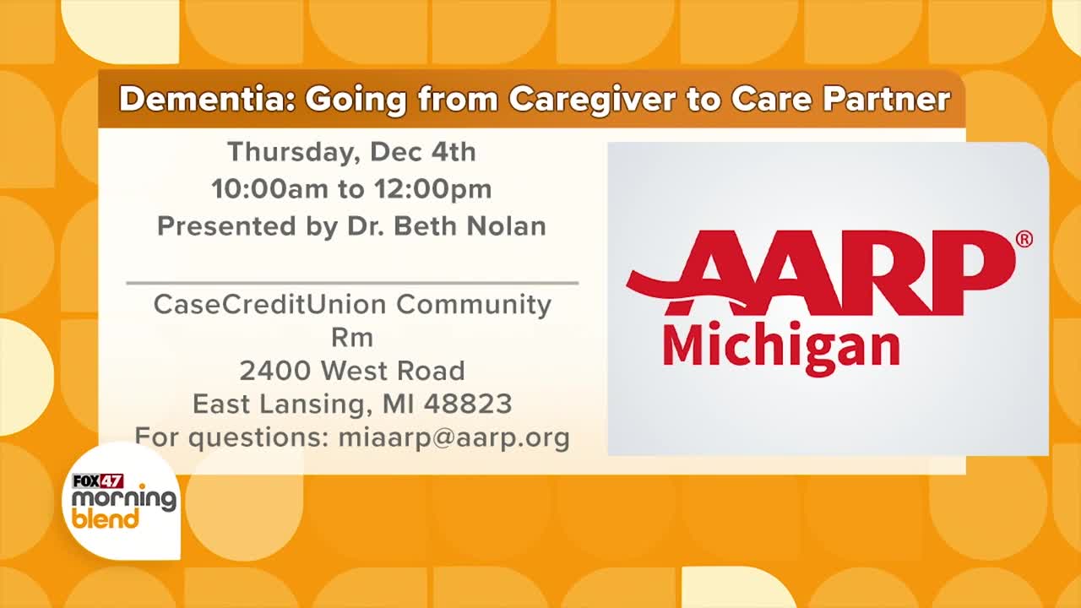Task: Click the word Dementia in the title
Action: point(208,100)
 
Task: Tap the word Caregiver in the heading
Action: point(592,100)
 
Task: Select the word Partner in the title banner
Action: point(887,100)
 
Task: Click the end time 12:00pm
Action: point(433,189)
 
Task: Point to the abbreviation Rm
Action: point(352,338)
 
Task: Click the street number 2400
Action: point(274,371)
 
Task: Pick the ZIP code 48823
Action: point(468,404)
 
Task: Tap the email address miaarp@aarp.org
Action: point(454,438)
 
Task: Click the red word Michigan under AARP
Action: point(782,347)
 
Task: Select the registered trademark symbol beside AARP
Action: point(1024,239)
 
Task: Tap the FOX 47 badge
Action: point(98,481)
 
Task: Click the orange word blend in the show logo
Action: point(106,518)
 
